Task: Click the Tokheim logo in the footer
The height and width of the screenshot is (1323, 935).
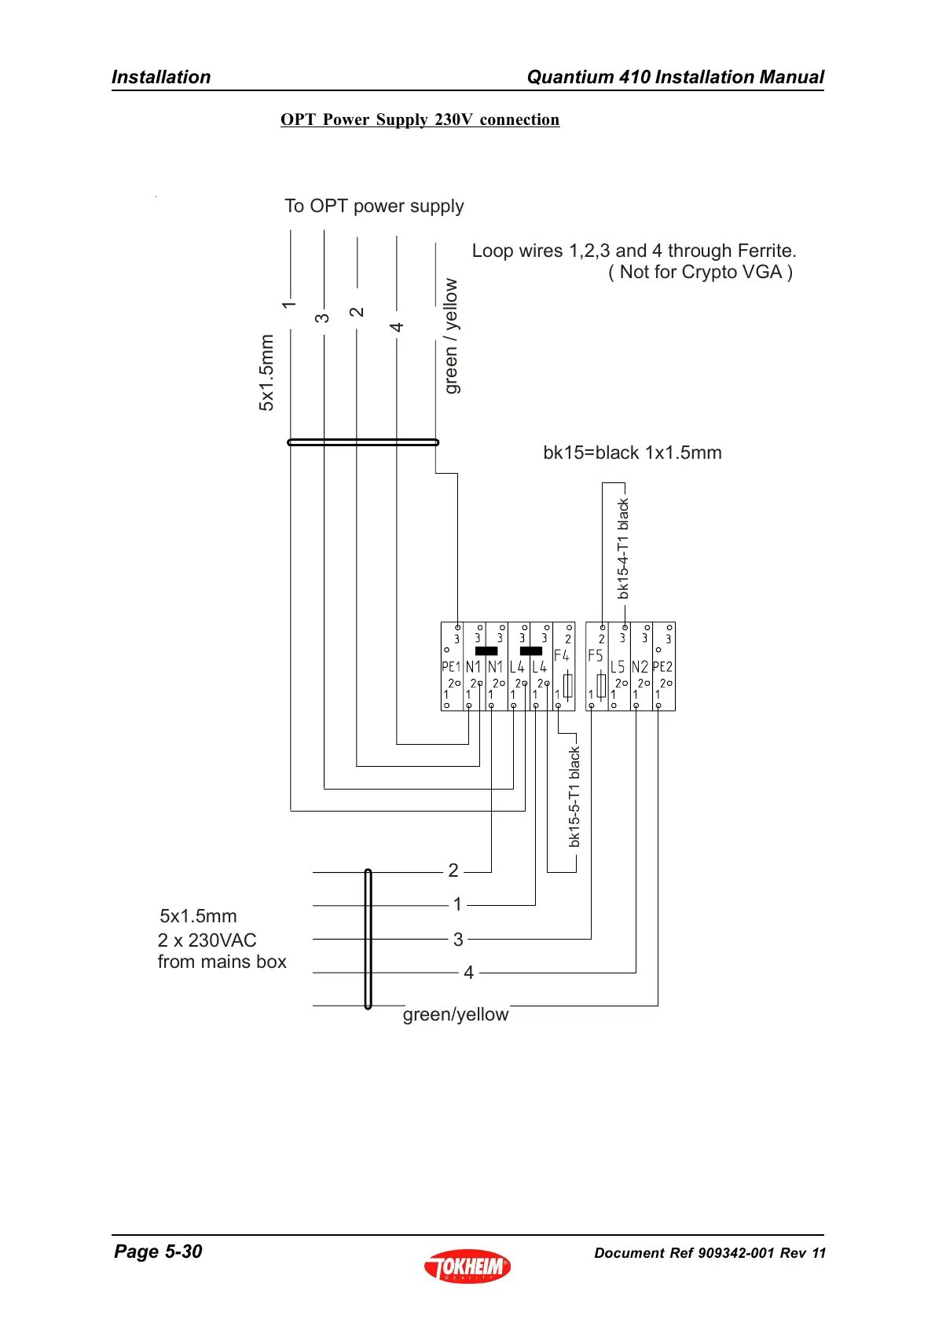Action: pos(467,1266)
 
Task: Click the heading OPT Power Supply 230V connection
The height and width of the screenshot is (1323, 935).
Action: pos(420,119)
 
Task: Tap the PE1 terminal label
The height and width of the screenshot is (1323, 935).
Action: pos(450,667)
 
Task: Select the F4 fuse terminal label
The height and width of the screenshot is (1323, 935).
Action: pos(561,655)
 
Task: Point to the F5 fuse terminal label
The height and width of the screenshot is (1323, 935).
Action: pos(595,655)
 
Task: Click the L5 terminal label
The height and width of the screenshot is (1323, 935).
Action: pos(618,667)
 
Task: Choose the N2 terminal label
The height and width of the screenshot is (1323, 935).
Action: pos(640,667)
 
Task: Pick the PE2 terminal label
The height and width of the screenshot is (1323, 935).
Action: pos(662,667)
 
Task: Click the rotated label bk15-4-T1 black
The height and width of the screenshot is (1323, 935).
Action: pos(623,548)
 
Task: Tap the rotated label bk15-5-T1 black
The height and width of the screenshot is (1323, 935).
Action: pos(574,797)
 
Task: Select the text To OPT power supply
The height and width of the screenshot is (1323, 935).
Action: pos(374,206)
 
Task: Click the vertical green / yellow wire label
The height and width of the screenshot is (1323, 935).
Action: pos(450,336)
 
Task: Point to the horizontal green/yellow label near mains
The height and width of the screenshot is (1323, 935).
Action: pos(456,1014)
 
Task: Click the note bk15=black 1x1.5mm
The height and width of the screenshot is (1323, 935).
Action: pos(632,453)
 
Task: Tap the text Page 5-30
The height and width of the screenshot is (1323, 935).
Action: pos(158,1252)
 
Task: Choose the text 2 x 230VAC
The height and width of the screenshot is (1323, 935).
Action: pos(207,940)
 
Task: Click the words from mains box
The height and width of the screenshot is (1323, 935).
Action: pos(222,962)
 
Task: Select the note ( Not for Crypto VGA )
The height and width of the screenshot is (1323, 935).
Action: pos(700,272)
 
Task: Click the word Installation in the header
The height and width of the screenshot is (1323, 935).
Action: pos(161,77)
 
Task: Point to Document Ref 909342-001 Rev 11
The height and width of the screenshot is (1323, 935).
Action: pos(710,1253)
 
